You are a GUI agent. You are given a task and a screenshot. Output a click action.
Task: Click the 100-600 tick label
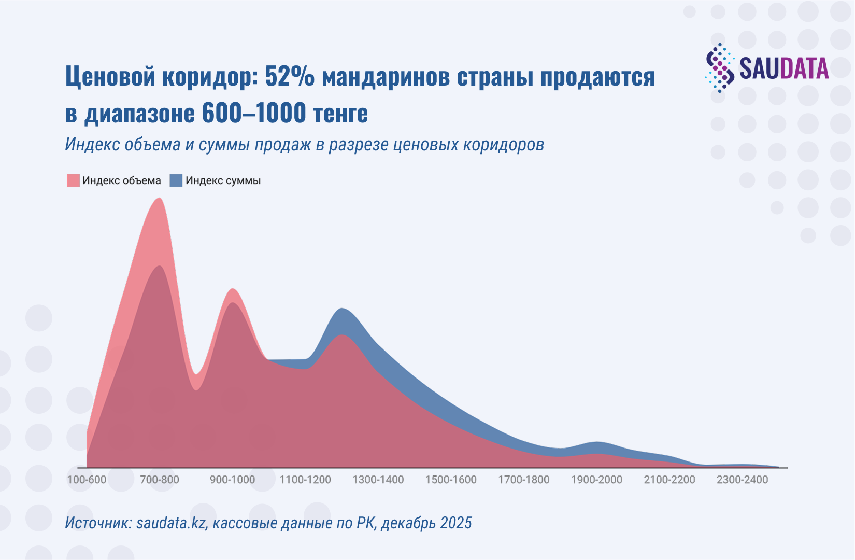(87, 480)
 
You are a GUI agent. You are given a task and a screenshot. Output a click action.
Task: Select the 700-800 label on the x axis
(160, 480)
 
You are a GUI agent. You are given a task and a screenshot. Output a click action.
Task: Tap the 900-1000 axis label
(232, 480)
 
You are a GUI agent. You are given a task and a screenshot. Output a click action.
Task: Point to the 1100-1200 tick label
(305, 480)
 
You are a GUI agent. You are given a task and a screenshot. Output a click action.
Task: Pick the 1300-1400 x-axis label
(378, 480)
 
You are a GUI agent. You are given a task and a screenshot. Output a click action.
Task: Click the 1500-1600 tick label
(451, 480)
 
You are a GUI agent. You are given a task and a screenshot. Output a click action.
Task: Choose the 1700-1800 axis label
(524, 480)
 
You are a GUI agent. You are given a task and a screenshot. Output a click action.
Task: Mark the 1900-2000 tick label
(596, 480)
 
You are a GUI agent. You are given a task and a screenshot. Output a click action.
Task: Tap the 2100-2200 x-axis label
(669, 480)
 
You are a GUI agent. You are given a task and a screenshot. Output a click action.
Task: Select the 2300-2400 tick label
(742, 480)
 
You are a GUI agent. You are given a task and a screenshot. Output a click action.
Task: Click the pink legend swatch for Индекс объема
(73, 180)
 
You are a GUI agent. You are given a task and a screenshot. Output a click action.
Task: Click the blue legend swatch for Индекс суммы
(176, 180)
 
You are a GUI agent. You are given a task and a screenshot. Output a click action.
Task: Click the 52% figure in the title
(289, 77)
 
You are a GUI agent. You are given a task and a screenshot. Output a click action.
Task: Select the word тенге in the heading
(341, 113)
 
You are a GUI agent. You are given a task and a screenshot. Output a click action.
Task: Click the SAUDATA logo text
(783, 68)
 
